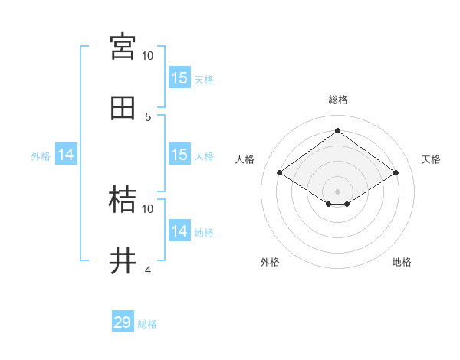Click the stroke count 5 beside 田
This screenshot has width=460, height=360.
click(x=148, y=117)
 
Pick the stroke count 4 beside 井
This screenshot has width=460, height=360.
click(x=148, y=270)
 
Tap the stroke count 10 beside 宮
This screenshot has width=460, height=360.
click(x=147, y=56)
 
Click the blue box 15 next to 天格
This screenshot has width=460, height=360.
click(x=179, y=78)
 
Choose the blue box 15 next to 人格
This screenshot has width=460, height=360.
click(x=179, y=155)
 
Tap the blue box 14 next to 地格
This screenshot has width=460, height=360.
click(x=179, y=231)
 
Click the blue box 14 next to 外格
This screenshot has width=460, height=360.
click(x=66, y=155)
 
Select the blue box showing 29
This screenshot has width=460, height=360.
click(x=123, y=322)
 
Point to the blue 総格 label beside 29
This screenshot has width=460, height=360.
click(x=147, y=324)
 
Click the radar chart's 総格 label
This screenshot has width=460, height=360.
click(x=338, y=100)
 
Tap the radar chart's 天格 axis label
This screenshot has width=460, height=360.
click(x=432, y=159)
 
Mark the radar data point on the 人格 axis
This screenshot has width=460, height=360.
click(x=280, y=173)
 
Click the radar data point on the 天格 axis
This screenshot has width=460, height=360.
click(x=396, y=173)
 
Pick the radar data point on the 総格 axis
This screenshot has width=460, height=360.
click(x=338, y=130)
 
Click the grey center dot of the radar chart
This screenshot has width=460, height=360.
click(x=338, y=191)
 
